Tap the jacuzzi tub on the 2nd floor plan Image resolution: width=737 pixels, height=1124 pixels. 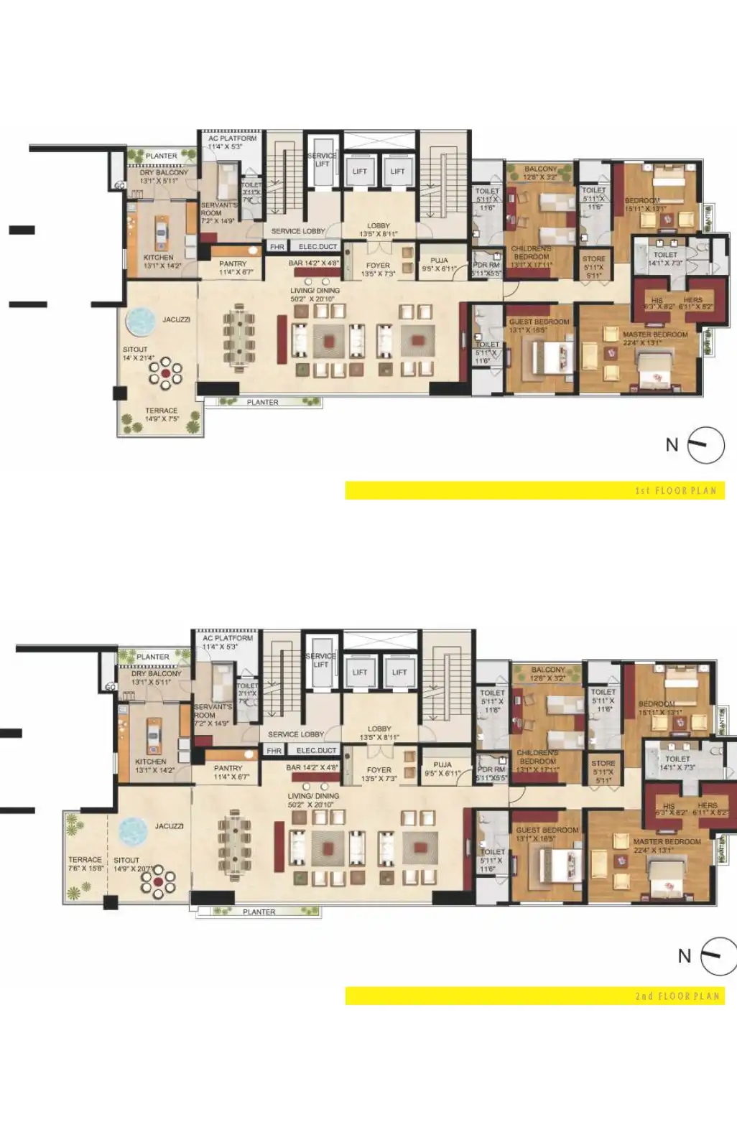(x=133, y=832)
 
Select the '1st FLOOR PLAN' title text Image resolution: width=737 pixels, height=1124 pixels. (x=675, y=491)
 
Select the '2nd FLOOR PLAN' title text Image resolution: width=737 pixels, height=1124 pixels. (x=676, y=996)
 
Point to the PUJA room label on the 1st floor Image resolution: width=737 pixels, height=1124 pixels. (x=440, y=261)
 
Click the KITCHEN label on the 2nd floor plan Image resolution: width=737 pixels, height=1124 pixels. (x=150, y=762)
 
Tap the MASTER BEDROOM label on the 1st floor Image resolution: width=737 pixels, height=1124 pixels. (x=655, y=334)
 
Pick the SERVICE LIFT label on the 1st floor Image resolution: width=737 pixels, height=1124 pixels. (x=321, y=159)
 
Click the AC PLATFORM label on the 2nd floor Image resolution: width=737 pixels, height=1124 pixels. (x=228, y=638)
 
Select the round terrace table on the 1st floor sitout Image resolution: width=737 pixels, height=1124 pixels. (x=165, y=373)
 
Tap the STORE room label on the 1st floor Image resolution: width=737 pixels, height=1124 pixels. (x=593, y=259)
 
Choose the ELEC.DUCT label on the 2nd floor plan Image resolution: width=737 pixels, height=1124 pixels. (x=317, y=750)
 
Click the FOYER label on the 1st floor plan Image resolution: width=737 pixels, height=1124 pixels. (x=379, y=266)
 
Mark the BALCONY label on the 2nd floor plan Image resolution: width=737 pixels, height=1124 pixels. (x=548, y=670)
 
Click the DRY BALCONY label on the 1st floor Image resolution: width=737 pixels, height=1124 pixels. (x=164, y=172)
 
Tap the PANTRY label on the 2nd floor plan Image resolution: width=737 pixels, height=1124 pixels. (x=228, y=768)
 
